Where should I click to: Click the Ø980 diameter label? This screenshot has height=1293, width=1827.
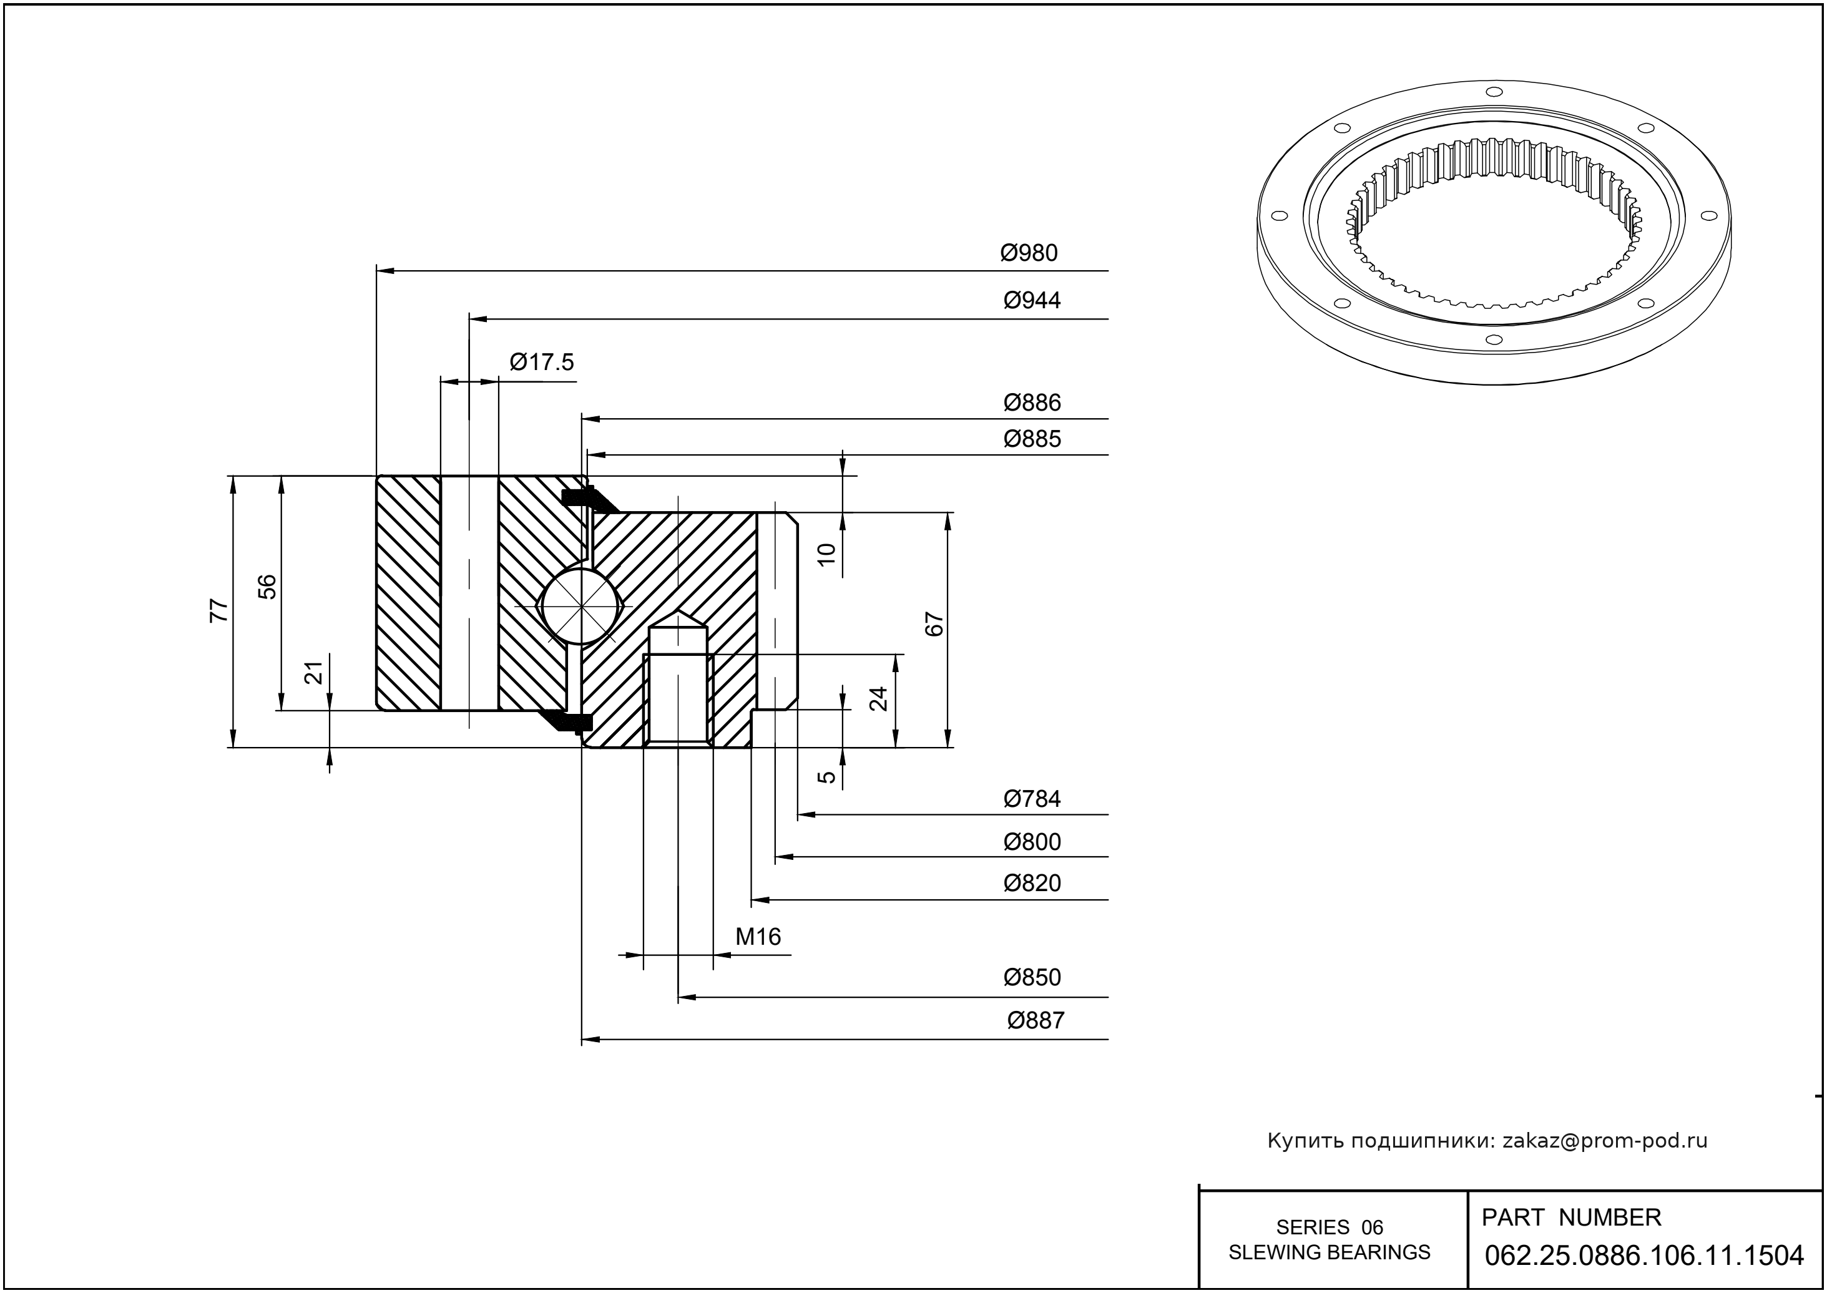[1029, 253]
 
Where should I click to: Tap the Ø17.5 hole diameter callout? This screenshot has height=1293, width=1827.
[542, 363]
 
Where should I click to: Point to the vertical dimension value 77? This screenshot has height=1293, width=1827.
[219, 611]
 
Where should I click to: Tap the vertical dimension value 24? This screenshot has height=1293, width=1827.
[878, 699]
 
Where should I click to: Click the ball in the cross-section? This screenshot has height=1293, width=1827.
[581, 606]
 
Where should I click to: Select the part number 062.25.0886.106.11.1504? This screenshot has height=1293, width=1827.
[1644, 1256]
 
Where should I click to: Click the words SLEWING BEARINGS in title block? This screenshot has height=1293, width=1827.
[1330, 1252]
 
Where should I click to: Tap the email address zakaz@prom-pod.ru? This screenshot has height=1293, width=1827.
[1604, 1141]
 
